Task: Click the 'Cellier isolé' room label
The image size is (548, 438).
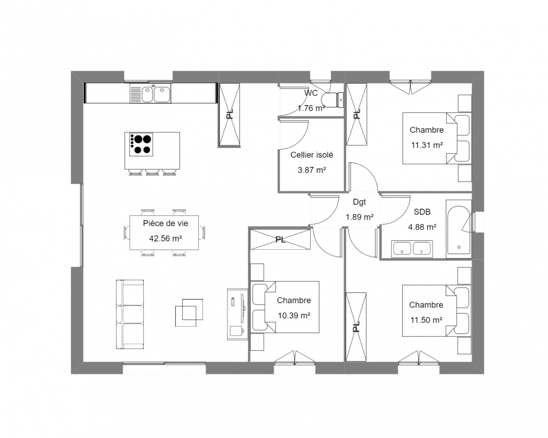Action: pos(312,155)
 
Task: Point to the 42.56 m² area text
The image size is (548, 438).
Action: pos(165,238)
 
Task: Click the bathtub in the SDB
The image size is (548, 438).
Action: pos(459,230)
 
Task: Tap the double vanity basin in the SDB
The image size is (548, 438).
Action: pos(412,248)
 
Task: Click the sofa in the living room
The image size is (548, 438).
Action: pos(129,314)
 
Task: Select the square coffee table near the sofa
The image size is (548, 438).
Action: pos(188,313)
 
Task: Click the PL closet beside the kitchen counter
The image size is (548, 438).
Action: pos(230,114)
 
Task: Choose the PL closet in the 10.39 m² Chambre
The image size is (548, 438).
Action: pos(280,240)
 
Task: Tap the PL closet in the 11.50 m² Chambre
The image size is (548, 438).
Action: pos(356,326)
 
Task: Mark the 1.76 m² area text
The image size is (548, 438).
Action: pos(311,109)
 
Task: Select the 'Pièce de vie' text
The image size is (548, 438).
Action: pos(165,223)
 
